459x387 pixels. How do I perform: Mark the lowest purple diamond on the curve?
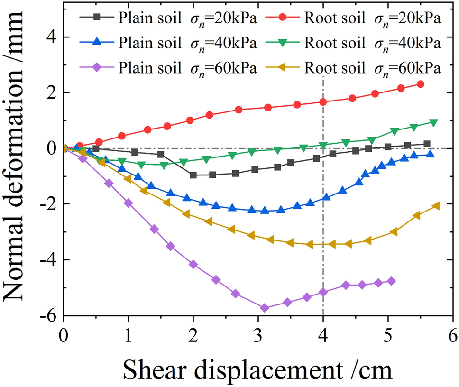[x=265, y=308]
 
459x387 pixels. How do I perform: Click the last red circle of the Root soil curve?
[x=420, y=84]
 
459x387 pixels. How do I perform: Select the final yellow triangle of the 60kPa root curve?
[x=436, y=205]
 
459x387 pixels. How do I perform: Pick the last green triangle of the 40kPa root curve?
[x=433, y=122]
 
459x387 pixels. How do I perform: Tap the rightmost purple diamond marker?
[x=391, y=281]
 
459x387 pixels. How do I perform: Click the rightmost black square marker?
[x=427, y=144]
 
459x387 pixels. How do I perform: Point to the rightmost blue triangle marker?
[x=430, y=154]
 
